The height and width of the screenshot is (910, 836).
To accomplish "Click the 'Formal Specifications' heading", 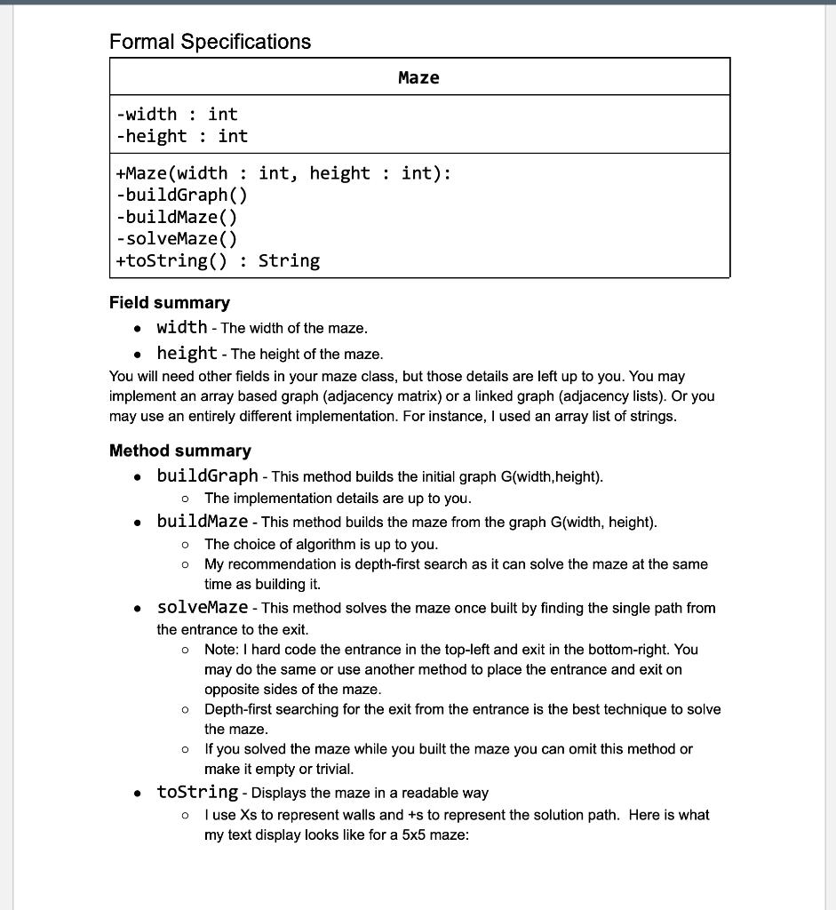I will tap(210, 42).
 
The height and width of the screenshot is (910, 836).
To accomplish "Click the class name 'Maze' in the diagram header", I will tap(418, 78).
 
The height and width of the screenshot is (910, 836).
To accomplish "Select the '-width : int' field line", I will tap(177, 114).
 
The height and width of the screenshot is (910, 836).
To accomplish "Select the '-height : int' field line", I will tap(182, 136).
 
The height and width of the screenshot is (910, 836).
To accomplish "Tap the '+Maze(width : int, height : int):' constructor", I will tap(283, 173).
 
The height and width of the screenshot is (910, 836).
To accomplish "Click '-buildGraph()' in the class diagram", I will tap(182, 195).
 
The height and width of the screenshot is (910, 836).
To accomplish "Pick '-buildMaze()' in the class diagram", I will tap(177, 217).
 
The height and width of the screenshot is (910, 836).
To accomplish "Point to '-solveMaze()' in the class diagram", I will tap(177, 238).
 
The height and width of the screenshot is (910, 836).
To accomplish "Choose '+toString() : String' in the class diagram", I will tap(218, 260).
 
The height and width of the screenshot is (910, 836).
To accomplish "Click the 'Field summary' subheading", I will tap(170, 303).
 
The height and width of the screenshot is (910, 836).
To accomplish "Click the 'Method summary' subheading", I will tap(180, 451).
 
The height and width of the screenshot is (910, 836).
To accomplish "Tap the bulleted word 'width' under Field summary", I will tap(181, 327).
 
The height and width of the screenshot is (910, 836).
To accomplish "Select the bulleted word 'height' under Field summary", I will tap(187, 353).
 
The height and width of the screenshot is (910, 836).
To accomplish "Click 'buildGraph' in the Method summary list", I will tap(207, 475).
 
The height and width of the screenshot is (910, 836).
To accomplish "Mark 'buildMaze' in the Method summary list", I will tap(202, 521).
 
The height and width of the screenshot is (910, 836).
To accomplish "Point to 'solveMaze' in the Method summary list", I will tap(202, 607).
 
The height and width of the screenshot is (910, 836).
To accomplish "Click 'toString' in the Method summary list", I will tap(197, 792).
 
